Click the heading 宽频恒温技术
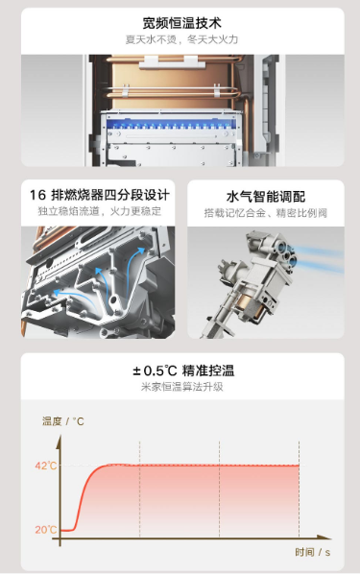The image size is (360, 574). [182, 23]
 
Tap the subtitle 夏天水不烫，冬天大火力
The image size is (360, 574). [182, 39]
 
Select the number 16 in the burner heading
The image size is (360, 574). [37, 195]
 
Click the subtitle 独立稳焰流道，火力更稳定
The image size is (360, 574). [99, 211]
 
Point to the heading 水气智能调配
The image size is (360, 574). [266, 197]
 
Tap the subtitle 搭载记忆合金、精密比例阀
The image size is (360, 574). [266, 213]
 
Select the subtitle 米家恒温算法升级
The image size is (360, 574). [182, 387]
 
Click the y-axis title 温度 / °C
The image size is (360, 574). [63, 421]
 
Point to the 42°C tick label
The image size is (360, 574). [46, 466]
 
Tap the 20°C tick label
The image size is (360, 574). [46, 530]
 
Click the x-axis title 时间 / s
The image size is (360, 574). [312, 552]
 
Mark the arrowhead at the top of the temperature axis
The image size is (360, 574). [59, 442]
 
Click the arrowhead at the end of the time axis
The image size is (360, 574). [324, 538]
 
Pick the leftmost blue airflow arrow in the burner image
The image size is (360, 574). [73, 298]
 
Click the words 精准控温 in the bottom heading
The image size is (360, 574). [208, 371]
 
